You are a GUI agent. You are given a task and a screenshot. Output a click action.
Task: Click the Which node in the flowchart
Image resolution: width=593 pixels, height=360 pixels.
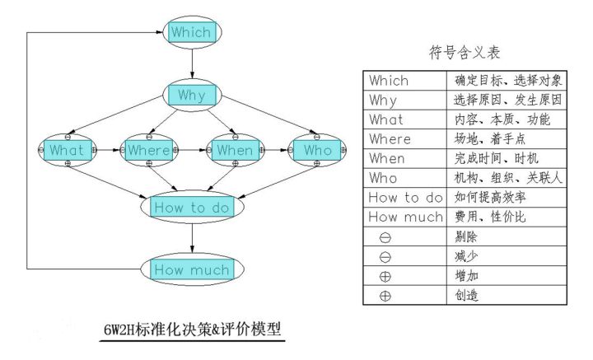pos(192,33)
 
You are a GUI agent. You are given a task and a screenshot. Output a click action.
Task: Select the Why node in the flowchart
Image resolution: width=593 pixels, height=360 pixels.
pos(192,96)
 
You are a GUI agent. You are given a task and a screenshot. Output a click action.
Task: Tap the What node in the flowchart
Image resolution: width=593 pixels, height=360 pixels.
pos(68,151)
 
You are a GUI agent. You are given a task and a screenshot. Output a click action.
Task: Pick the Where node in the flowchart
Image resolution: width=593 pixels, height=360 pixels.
pos(149,151)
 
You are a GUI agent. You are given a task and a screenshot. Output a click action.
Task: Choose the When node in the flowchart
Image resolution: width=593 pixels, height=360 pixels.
pos(235,151)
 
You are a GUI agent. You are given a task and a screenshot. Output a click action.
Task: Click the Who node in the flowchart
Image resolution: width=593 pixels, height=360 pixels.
pos(317,151)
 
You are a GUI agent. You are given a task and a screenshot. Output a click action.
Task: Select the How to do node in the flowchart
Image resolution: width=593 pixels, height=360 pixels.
pos(192,208)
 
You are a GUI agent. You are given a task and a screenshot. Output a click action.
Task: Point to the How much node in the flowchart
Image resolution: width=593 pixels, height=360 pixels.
pos(192,269)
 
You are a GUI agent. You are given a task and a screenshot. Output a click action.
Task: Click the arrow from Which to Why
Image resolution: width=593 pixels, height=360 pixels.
pos(192,63)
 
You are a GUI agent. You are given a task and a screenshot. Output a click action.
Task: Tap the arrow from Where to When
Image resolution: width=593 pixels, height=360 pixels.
pos(192,151)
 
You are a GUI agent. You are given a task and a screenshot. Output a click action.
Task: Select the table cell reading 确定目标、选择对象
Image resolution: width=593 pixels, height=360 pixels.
pos(508,81)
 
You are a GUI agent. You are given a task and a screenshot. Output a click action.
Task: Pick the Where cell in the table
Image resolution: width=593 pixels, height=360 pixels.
pos(405,139)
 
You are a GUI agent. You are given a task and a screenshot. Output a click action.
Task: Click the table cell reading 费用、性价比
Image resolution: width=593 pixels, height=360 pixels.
pos(508,217)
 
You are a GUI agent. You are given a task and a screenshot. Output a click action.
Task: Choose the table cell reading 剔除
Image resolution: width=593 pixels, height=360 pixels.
pos(508,236)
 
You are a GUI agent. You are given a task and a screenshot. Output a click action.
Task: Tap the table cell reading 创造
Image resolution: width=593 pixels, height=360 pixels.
pos(508,295)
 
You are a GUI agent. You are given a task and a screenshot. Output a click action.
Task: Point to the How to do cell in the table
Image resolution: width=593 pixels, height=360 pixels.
pos(405,198)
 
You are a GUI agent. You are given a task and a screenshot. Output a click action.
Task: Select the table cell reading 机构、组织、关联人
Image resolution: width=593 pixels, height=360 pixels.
pos(508,178)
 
